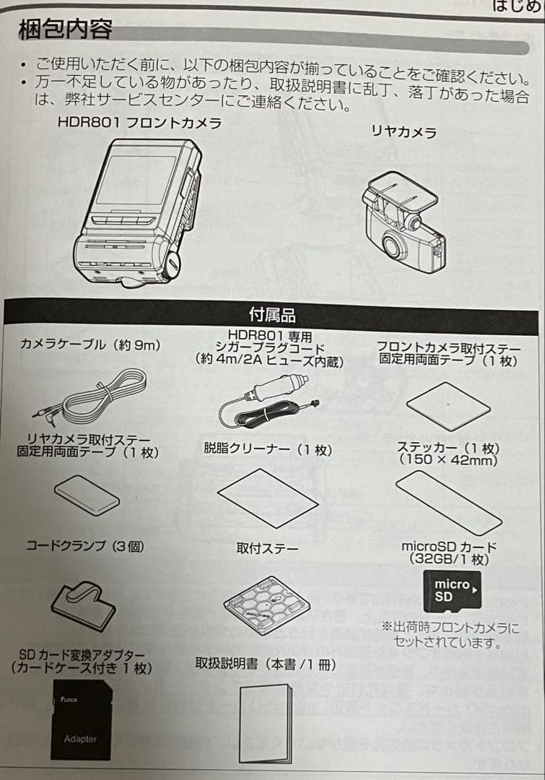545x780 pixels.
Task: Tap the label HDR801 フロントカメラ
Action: (139, 123)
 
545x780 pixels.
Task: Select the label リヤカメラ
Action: (404, 131)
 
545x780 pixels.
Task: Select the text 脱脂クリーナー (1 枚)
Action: (268, 449)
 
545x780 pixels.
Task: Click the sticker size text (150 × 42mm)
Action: (448, 461)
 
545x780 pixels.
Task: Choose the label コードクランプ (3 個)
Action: (85, 546)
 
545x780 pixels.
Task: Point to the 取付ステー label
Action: (267, 548)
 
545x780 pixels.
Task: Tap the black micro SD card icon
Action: (450, 591)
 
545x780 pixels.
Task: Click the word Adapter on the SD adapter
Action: (80, 739)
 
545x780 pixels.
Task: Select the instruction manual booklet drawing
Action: (266, 722)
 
